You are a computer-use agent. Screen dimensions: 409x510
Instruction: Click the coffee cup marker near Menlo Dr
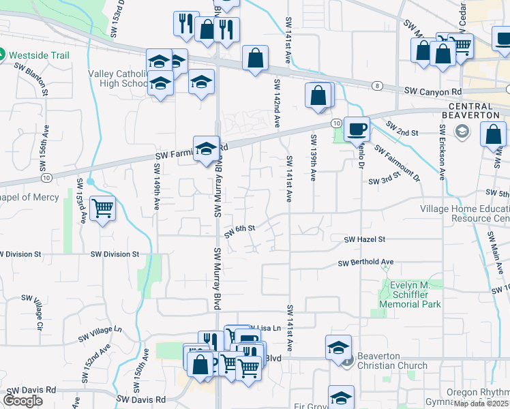(357, 128)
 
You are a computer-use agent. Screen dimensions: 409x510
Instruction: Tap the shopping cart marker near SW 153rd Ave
(102, 208)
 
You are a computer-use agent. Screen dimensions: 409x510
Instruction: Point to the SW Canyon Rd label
(433, 91)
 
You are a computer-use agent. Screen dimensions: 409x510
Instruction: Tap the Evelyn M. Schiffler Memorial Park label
(412, 294)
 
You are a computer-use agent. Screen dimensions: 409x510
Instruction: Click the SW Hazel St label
(365, 240)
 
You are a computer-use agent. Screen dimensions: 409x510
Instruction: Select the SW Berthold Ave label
(366, 262)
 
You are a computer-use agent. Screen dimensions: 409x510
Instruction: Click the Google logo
(22, 400)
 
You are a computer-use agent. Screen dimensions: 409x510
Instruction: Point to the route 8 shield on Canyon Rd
(377, 85)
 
